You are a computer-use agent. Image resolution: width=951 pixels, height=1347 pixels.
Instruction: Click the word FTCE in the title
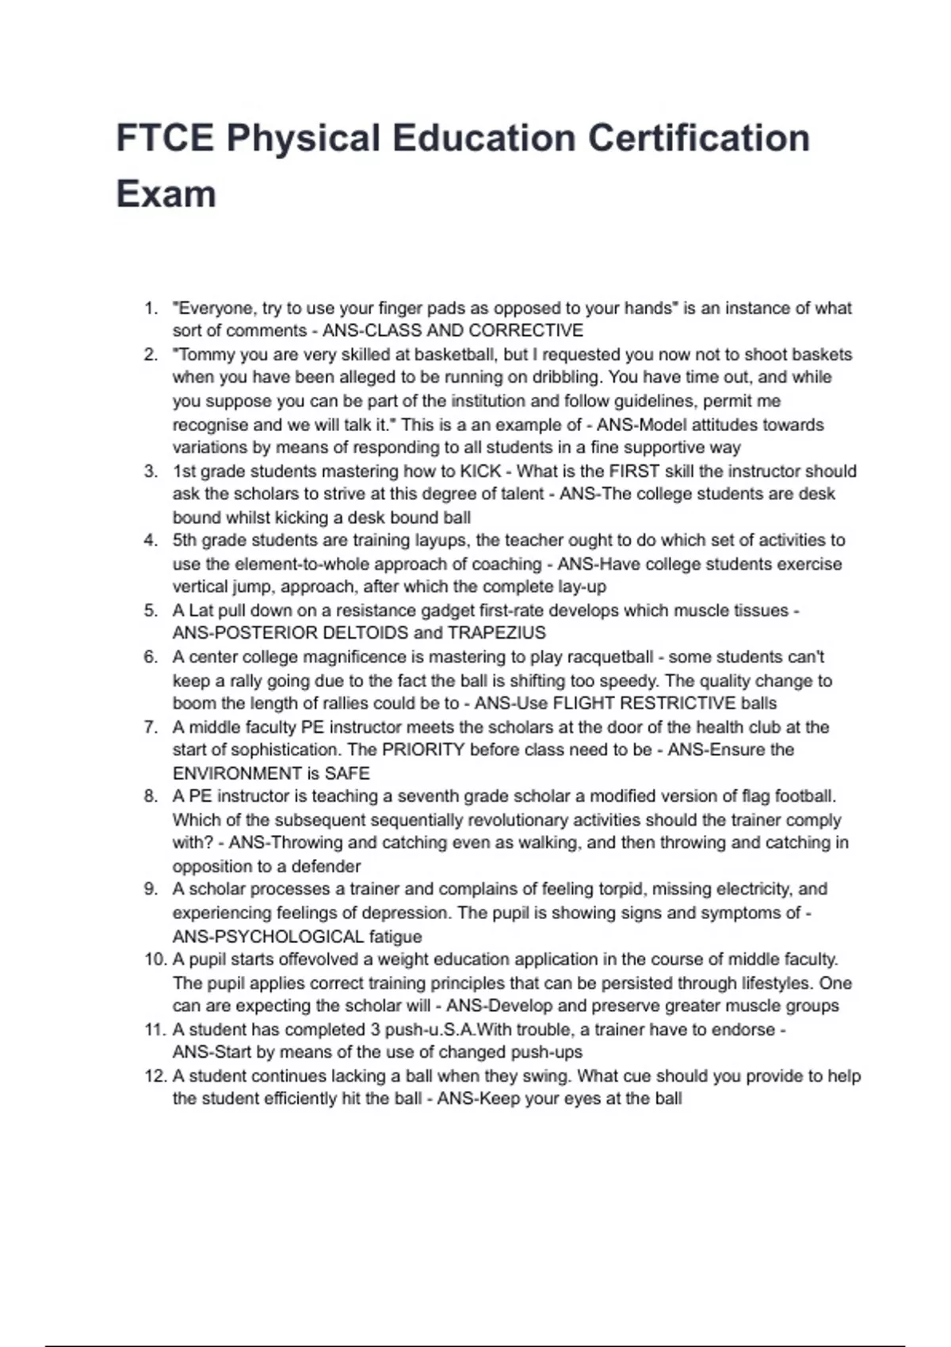tap(164, 138)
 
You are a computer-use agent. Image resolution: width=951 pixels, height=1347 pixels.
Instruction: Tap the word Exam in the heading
tap(166, 194)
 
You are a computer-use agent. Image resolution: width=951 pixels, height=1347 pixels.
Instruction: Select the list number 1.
tap(151, 308)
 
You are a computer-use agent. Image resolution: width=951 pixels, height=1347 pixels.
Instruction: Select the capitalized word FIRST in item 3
tap(634, 471)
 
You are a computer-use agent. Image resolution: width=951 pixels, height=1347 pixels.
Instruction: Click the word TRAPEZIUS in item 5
tap(496, 633)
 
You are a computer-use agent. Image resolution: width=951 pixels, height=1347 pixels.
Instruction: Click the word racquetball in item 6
tap(607, 657)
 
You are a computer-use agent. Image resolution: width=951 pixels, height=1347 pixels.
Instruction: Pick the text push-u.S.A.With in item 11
tap(449, 1029)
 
